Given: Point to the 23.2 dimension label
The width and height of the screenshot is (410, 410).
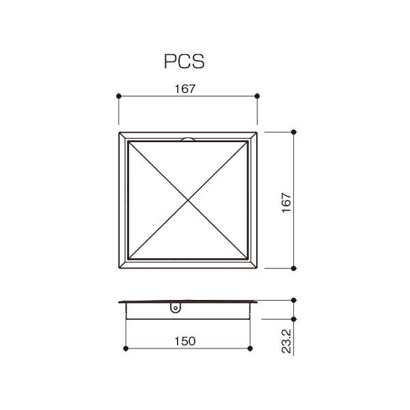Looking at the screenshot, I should point(286,339).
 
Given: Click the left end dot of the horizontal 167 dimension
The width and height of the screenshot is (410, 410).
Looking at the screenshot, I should point(119,96).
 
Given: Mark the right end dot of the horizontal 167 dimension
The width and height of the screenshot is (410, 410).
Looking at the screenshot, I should point(257,96).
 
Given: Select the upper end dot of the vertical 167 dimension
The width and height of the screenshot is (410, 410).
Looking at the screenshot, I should point(294,131).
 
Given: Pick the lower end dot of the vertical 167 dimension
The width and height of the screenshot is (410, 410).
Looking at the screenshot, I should point(294,269).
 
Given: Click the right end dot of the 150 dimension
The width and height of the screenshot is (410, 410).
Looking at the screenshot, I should point(250,348).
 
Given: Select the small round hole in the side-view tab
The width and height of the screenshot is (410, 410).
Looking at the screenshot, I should point(175,308).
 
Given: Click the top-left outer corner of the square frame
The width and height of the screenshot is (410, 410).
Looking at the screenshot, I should point(119,131).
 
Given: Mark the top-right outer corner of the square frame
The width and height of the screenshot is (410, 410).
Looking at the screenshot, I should point(258,131).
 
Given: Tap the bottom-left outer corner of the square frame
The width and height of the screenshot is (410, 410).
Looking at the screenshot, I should point(119,269).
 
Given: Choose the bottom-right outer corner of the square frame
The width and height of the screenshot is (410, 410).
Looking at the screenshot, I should point(258,269).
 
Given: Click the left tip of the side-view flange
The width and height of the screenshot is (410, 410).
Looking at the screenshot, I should point(118,301).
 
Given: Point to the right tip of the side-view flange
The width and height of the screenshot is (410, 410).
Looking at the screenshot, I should point(258,301).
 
